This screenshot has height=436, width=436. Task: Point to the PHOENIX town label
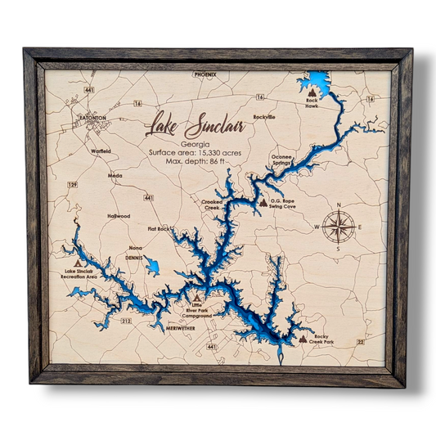click(x=205, y=74)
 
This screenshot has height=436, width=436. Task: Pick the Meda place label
click(x=115, y=174)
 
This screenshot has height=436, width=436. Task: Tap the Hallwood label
click(x=119, y=216)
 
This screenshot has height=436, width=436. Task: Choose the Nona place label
click(x=135, y=247)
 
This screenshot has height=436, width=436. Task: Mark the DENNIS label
click(x=134, y=257)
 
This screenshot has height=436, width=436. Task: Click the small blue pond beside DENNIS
click(x=152, y=267)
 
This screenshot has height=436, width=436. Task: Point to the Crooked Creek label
click(x=212, y=205)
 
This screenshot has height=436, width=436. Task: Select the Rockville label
click(x=264, y=117)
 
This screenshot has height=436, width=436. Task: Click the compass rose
click(x=338, y=227)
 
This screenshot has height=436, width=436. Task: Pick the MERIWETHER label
click(x=179, y=327)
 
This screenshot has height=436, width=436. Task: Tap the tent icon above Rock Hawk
click(x=311, y=92)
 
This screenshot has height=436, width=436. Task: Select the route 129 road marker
click(x=72, y=185)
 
